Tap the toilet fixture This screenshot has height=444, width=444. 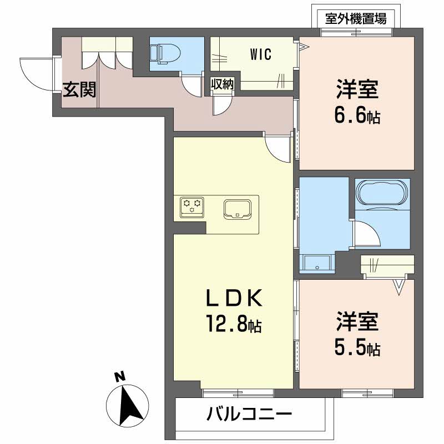[x=165, y=53]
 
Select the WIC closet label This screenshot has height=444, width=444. [x=260, y=54]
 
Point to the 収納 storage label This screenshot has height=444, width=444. [x=222, y=84]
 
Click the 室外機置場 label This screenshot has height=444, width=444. [x=355, y=18]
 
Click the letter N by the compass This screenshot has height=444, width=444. [x=118, y=377]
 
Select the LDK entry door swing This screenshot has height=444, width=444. [x=277, y=147]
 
